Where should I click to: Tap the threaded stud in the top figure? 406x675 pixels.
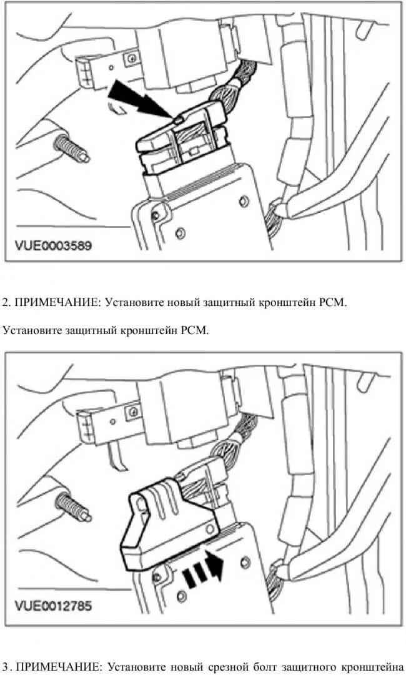click(x=71, y=150)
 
